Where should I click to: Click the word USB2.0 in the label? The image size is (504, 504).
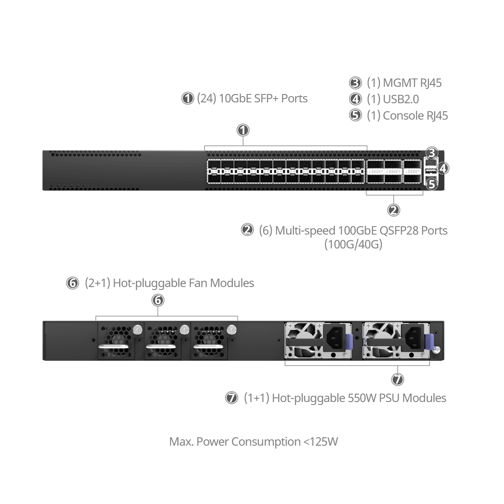[x=401, y=99]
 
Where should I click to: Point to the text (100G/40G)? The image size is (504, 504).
[x=353, y=244]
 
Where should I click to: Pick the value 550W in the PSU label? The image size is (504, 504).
[x=362, y=398]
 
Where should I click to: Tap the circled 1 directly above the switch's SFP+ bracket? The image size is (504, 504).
[x=243, y=130]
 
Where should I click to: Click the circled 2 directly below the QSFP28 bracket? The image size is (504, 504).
[x=393, y=210]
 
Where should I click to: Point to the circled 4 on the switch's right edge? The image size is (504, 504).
[x=443, y=168]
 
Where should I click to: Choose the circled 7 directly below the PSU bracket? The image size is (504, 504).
[x=397, y=380]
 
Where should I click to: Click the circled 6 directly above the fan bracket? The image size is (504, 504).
[x=158, y=300]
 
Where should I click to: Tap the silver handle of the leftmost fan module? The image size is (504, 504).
[x=114, y=347]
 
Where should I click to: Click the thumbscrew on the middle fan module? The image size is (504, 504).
[x=184, y=330]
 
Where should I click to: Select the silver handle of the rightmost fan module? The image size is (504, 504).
[x=207, y=347]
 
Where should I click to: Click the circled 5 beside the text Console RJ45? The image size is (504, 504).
[x=355, y=115]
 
